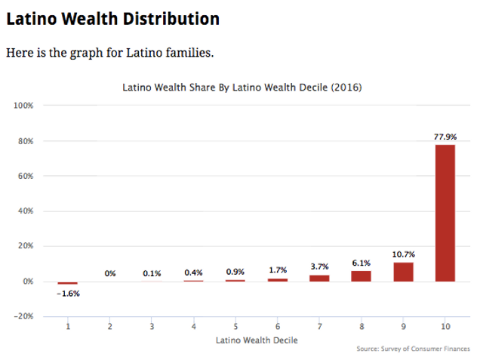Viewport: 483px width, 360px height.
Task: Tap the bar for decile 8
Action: pos(361,275)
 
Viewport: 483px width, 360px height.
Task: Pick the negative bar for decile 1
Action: pos(68,283)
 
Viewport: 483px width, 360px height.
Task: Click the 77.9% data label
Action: pos(445,137)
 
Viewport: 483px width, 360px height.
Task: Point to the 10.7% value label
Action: pos(403,255)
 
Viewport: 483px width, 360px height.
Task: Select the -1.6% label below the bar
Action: pos(68,294)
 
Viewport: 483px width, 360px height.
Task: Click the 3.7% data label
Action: pos(319,267)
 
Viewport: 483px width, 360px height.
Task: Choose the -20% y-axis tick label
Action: pos(23,316)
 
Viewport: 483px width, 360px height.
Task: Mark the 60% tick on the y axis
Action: pos(23,176)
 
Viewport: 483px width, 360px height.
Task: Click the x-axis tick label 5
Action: pos(235,327)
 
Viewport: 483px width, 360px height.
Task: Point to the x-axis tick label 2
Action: pos(110,327)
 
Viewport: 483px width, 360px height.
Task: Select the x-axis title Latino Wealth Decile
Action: pos(257,340)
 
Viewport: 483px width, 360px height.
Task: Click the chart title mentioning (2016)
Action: pos(241,88)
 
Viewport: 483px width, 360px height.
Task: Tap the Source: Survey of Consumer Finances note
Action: pos(414,349)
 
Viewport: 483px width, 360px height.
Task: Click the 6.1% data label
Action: pos(361,263)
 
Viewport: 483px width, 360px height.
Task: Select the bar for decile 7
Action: pos(319,278)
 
